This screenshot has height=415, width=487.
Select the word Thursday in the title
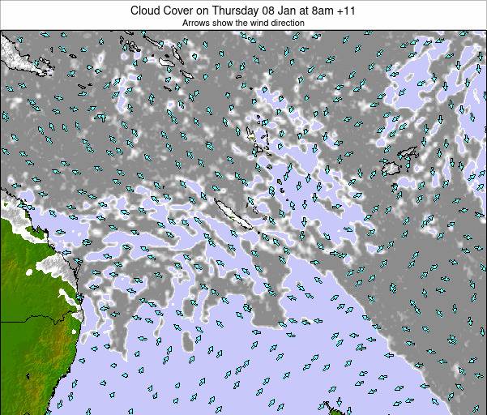tap(237, 11)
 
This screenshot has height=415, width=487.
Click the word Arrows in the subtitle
tap(197, 24)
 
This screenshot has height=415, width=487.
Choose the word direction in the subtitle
tap(289, 24)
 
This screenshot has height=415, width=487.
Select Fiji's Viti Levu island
tap(394, 168)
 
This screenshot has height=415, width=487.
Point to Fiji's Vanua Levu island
tap(410, 152)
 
